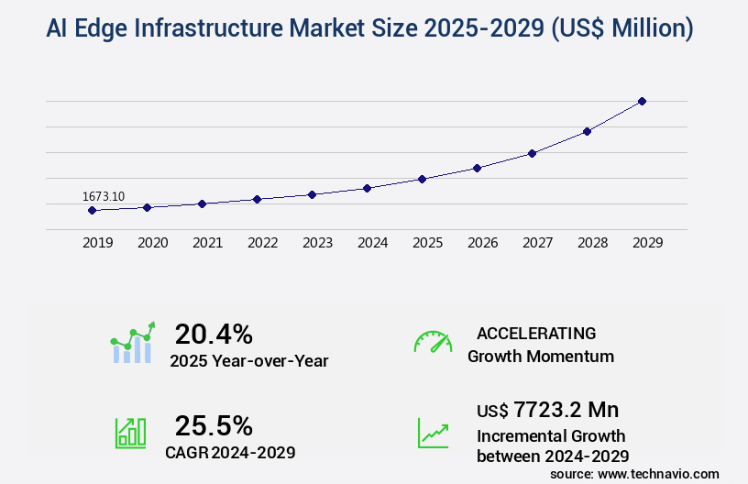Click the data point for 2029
click(642, 101)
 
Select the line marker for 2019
click(92, 210)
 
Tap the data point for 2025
click(422, 179)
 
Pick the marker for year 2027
click(532, 153)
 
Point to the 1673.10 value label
click(104, 196)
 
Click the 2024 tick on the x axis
click(372, 243)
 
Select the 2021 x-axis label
click(207, 243)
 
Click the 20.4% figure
click(214, 334)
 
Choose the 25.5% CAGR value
click(214, 425)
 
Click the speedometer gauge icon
click(433, 342)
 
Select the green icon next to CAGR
click(130, 433)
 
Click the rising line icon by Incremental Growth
click(433, 433)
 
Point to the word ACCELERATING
click(536, 333)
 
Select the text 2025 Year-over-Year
click(248, 361)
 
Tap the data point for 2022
click(257, 199)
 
